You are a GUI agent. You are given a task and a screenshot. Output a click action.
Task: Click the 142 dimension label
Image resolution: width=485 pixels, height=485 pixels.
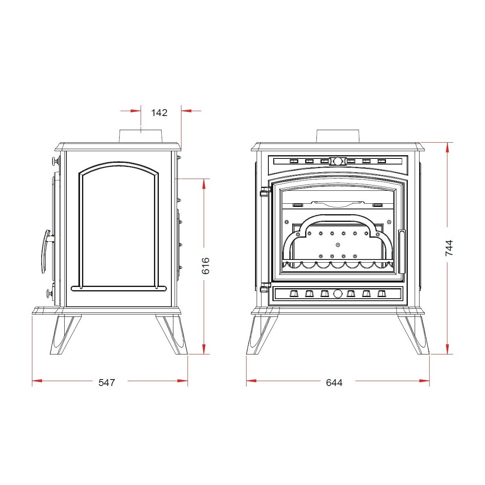coord(159,112)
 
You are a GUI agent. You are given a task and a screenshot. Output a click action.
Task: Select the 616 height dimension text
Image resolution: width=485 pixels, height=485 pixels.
coord(206,266)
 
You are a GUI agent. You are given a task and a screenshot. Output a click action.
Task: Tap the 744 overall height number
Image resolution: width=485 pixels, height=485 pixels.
coord(449,248)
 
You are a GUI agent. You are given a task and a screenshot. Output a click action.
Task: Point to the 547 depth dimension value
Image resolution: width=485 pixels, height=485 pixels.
coord(107,383)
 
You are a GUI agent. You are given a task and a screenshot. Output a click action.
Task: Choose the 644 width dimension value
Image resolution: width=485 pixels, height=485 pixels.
coord(334,383)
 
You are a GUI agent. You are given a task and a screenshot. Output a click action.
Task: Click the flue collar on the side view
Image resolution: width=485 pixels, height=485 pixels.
coord(141,137)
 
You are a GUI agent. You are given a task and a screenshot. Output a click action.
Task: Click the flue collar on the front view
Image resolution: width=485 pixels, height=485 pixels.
coord(338,136)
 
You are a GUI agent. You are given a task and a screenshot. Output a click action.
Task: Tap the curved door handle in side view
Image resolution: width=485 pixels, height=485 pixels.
coord(46,251)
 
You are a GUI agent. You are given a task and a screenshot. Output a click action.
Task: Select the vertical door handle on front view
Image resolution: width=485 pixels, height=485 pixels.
coord(402,251)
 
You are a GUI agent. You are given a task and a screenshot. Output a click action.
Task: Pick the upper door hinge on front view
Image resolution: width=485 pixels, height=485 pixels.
coord(265,191)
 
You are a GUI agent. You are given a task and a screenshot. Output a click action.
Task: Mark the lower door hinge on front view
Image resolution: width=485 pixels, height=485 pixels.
coord(265,288)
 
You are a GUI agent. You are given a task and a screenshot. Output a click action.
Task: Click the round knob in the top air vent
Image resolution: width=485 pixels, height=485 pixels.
coord(338,161)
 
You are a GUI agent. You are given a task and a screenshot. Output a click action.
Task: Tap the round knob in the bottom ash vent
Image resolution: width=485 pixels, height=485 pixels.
coord(337,293)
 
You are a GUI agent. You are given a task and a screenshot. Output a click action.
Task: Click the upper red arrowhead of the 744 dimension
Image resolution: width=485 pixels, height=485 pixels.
coord(447,148)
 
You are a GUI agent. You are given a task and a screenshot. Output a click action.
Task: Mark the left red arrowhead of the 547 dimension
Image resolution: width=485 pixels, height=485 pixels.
coord(37,381)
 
